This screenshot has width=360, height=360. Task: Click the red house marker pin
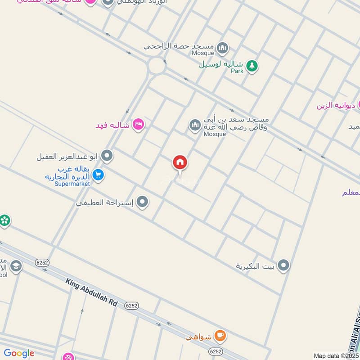click(180, 163)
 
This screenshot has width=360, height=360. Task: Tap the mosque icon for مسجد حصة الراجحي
click(222, 47)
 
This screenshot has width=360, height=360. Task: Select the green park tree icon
click(252, 66)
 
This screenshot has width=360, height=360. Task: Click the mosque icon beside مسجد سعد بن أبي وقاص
click(195, 124)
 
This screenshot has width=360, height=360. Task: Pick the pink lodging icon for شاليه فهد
click(138, 125)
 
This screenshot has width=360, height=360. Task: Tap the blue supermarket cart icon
click(98, 175)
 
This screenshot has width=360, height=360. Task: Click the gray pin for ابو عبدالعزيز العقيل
click(107, 156)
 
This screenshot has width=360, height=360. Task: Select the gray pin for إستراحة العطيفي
click(143, 202)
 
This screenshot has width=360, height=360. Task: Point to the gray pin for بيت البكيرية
click(283, 265)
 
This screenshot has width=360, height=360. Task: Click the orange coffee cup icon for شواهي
click(220, 335)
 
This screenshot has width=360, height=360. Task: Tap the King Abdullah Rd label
click(91, 292)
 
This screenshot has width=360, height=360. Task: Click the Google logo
click(19, 354)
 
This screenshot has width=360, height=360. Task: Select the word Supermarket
click(72, 184)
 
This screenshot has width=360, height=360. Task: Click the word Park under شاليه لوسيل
click(237, 71)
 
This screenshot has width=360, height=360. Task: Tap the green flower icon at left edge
click(4, 220)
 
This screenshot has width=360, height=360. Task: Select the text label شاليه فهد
click(112, 125)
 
